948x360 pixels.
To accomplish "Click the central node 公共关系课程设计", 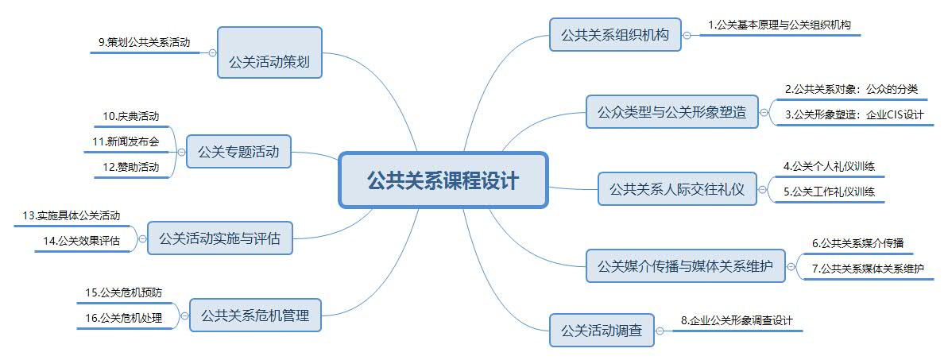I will pos(443,180).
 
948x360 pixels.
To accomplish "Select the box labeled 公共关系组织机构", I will pos(615,35).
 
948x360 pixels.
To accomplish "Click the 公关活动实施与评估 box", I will pos(219,238).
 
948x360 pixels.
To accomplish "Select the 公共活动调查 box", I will pos(601,330).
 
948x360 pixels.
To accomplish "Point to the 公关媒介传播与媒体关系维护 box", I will pos(685,265).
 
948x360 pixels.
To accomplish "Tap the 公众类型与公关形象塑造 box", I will pos(671,112).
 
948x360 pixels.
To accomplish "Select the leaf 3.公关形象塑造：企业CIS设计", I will pos(853,114).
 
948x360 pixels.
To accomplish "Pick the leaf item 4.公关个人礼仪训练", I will pos(834,166).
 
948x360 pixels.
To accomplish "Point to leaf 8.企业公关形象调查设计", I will pos(737,321).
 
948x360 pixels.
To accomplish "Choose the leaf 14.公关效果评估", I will pos(88,241).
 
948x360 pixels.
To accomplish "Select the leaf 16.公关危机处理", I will pos(123,318).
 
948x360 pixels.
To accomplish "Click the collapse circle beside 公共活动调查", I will pos(660,331).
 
